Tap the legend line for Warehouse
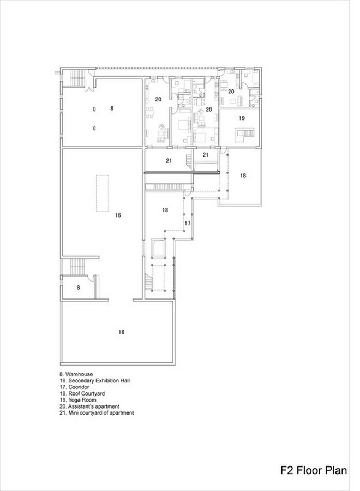[76, 374]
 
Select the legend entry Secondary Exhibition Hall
[94, 380]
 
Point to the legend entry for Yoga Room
[78, 400]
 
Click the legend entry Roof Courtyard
[82, 393]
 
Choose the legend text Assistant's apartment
[89, 406]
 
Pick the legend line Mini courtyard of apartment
[97, 413]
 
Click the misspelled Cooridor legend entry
[74, 387]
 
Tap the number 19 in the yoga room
[242, 118]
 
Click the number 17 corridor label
[188, 223]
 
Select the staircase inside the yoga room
[245, 135]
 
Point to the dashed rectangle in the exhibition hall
[103, 193]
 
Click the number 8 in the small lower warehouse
[78, 287]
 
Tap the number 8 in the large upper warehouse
[112, 109]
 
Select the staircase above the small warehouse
[76, 267]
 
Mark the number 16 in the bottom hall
[122, 332]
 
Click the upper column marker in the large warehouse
[94, 109]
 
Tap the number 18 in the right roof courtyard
[243, 176]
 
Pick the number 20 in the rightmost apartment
[231, 92]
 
